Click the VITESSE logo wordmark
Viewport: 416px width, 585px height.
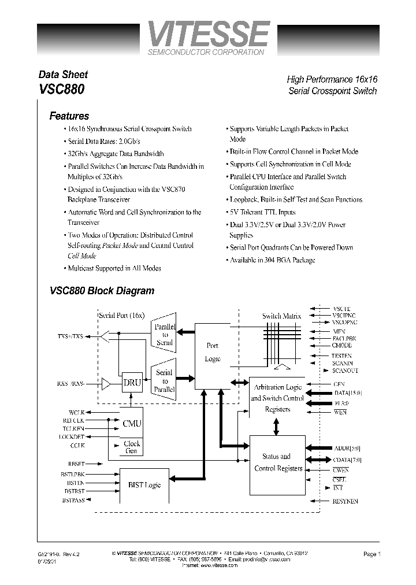209,35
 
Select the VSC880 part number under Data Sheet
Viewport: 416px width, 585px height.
62,90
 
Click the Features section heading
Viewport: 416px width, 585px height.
69,116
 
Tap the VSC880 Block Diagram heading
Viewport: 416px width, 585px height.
102,291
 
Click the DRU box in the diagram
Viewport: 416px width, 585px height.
131,382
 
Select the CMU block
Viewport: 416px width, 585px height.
131,423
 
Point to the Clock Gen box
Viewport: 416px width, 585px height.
131,447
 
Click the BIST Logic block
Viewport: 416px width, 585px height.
144,485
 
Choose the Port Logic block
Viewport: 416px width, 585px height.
213,352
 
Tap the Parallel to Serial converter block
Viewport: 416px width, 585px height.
165,334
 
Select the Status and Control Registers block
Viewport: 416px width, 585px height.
277,462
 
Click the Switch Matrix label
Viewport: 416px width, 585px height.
280,316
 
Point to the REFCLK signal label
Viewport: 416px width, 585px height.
73,420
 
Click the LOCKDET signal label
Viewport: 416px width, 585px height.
72,436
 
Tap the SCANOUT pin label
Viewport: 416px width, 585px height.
345,371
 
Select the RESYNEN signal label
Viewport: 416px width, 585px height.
345,501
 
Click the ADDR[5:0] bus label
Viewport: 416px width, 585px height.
346,448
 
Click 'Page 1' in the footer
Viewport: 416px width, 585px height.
372,554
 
